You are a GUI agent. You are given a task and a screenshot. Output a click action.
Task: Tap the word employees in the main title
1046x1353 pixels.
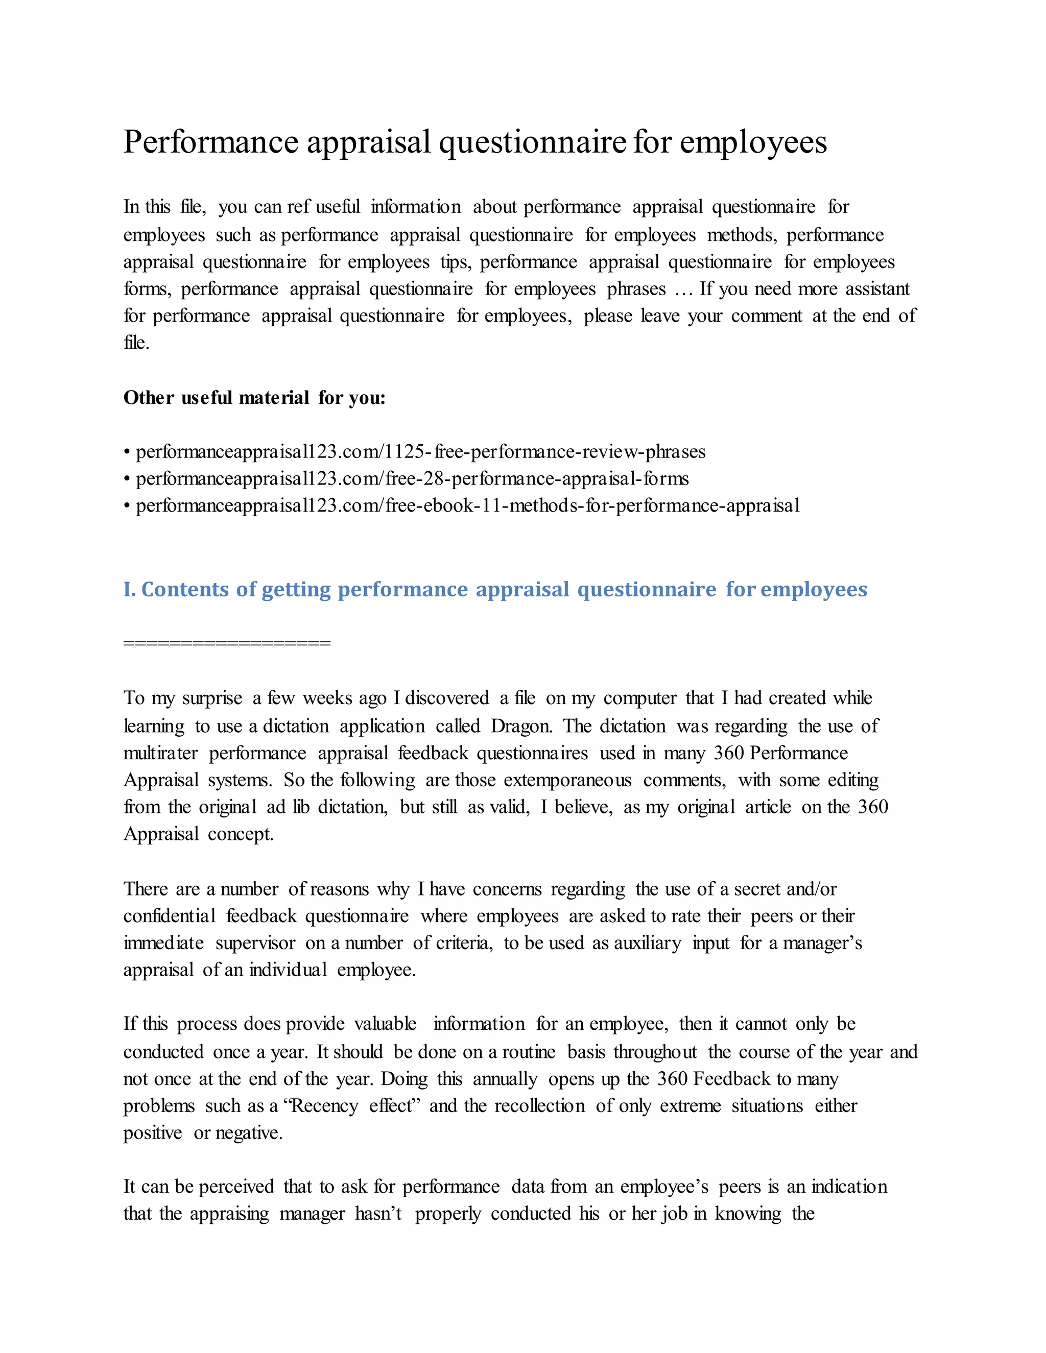(753, 142)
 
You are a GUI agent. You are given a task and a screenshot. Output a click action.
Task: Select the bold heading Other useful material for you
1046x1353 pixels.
(254, 397)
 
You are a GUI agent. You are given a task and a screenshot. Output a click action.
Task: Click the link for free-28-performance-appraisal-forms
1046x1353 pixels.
(412, 478)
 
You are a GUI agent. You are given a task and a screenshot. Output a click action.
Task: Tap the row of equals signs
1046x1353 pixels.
(227, 643)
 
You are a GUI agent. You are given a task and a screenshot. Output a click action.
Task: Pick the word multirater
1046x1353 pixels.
(160, 753)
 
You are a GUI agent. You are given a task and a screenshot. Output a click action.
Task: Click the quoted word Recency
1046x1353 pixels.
(323, 1106)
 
